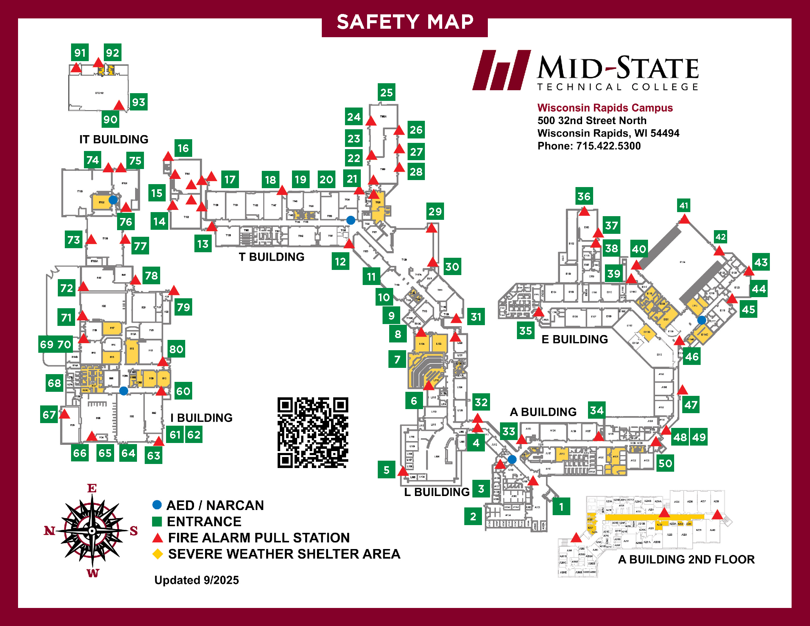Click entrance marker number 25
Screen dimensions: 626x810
386,92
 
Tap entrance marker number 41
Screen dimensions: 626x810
684,205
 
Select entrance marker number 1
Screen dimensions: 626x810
561,507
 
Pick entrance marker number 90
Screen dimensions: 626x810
110,119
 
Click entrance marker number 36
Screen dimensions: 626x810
584,196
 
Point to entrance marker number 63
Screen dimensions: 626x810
154,455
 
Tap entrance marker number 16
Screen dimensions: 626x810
183,148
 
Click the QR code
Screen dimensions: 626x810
313,432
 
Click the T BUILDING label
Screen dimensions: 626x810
271,257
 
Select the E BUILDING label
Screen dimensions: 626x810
574,340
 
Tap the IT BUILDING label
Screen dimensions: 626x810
113,140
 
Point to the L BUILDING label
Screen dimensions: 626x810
437,492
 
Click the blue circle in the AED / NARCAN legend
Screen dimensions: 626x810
157,505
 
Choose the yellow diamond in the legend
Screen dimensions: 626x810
158,554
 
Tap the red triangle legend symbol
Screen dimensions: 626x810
158,538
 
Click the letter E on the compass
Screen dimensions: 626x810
92,488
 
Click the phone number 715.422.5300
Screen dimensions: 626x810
608,146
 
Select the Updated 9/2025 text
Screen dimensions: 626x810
197,580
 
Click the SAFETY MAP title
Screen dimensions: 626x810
405,22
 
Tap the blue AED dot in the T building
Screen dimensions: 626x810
351,220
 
